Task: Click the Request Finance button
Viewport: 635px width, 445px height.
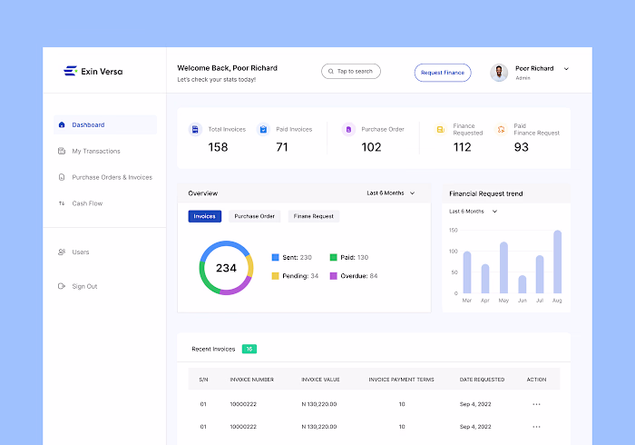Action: click(x=443, y=72)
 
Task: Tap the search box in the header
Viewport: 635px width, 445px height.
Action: click(x=351, y=71)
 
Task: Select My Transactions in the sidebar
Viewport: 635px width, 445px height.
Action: click(x=95, y=151)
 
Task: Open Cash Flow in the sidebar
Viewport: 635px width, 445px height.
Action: click(x=87, y=203)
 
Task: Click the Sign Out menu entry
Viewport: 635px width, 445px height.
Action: click(x=84, y=286)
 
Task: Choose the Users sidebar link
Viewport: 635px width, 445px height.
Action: click(x=81, y=252)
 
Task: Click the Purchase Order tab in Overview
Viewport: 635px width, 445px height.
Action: click(x=255, y=216)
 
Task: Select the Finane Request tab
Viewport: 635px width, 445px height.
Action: click(x=314, y=216)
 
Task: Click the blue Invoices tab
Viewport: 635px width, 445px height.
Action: click(x=205, y=216)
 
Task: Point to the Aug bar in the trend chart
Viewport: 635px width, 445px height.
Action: click(x=557, y=262)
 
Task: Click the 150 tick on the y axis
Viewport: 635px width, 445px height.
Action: click(x=453, y=230)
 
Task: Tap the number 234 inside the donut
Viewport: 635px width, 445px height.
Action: click(x=226, y=268)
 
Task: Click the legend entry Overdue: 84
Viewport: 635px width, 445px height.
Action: click(x=354, y=275)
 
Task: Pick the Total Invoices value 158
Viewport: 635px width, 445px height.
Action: click(x=218, y=147)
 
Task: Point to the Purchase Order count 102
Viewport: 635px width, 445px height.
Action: click(x=371, y=147)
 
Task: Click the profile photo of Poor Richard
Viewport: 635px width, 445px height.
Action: click(x=499, y=73)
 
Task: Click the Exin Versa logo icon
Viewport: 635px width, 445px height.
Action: click(x=70, y=71)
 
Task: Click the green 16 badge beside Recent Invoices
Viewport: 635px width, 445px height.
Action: click(x=249, y=349)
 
